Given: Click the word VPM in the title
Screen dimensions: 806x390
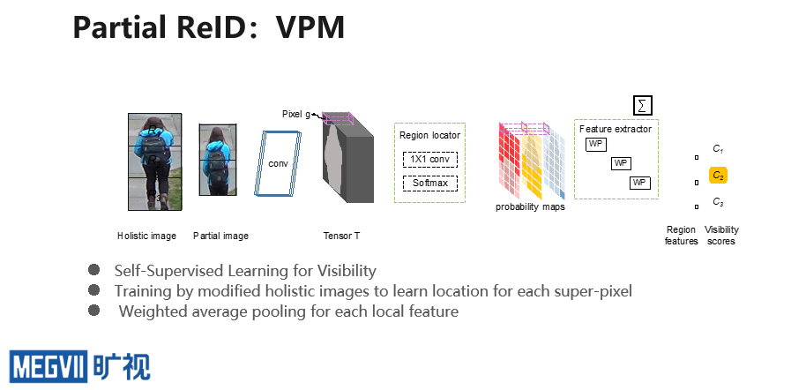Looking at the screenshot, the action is pyautogui.click(x=310, y=27).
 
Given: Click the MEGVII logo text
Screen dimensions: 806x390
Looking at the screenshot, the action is pyautogui.click(x=49, y=366).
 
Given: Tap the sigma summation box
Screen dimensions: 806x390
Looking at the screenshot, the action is pyautogui.click(x=642, y=106).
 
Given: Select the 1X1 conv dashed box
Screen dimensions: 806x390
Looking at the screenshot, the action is pyautogui.click(x=430, y=160).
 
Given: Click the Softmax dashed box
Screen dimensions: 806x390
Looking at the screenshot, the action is pyautogui.click(x=430, y=183).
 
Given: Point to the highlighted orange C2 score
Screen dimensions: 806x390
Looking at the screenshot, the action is pyautogui.click(x=718, y=176).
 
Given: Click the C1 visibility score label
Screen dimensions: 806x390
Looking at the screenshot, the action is pyautogui.click(x=718, y=149).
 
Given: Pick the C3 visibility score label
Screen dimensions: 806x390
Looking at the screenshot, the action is pyautogui.click(x=718, y=202).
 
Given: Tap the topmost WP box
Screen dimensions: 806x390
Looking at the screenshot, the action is pyautogui.click(x=596, y=145).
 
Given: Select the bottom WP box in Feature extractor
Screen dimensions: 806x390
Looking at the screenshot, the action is pyautogui.click(x=640, y=183).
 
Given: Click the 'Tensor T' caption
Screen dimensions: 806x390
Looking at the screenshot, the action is pyautogui.click(x=341, y=236).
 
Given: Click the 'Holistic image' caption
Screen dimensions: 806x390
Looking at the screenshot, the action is pyautogui.click(x=146, y=236).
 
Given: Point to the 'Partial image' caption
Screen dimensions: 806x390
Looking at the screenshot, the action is pyautogui.click(x=221, y=236).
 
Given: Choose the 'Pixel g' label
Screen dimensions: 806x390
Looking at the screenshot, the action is pyautogui.click(x=296, y=114).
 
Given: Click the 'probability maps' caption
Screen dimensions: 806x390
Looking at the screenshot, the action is pyautogui.click(x=530, y=206).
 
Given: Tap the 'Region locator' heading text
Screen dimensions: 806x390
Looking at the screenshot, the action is pyautogui.click(x=429, y=135).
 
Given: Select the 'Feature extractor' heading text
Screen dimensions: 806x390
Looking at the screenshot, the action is pyautogui.click(x=616, y=129).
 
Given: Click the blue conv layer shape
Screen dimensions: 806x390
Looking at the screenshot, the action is pyautogui.click(x=278, y=163).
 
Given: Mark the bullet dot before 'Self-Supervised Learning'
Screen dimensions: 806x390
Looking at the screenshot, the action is pyautogui.click(x=93, y=270).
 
